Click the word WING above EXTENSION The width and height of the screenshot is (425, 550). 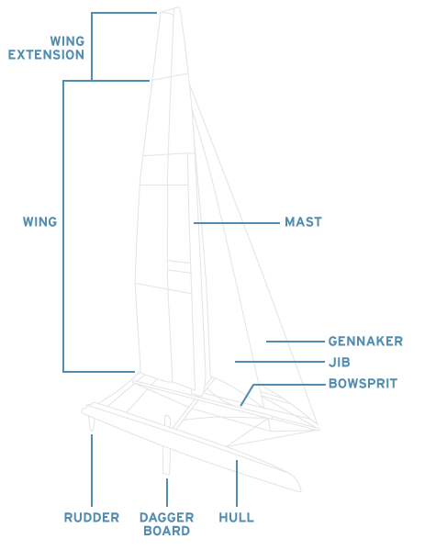pos(67,41)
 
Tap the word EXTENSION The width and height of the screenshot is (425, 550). pos(46,55)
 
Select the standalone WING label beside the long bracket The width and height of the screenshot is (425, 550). pos(40,221)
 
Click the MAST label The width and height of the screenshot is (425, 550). pos(303,221)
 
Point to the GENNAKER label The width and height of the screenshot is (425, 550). pos(365,341)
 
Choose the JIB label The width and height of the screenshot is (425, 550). pos(340,362)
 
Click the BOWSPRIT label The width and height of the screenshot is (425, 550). pos(363,384)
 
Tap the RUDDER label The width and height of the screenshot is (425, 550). pos(92,517)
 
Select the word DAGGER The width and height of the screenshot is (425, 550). pos(166,517)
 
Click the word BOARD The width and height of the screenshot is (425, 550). pos(166,531)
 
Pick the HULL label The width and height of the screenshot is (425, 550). pos(236,517)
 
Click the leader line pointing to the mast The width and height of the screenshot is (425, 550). pos(237,223)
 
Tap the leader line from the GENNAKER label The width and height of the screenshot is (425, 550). pos(296,342)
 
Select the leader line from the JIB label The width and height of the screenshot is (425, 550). pos(280,362)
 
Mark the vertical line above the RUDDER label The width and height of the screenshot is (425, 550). pos(92,470)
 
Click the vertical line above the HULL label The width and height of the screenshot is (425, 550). pos(237,483)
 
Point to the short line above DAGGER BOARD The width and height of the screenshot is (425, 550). pos(167,492)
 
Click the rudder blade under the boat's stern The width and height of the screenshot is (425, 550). pos(92,423)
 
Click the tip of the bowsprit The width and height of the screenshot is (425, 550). pos(319,429)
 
